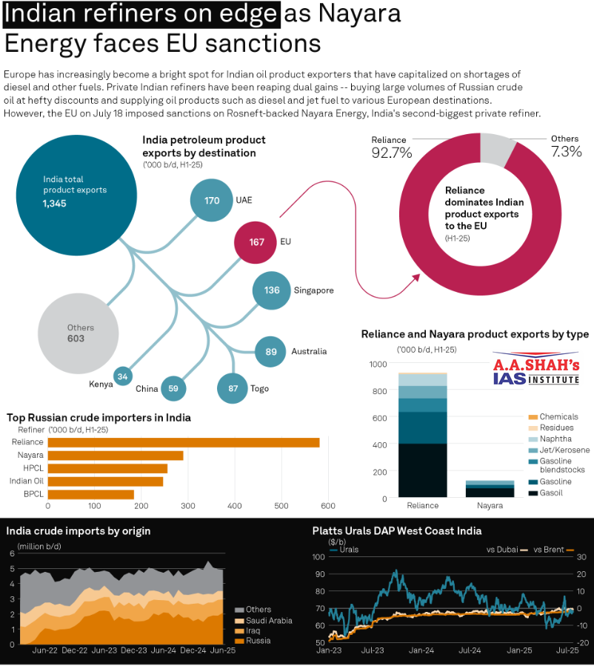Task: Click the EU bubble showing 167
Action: (256, 242)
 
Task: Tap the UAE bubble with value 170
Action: (212, 201)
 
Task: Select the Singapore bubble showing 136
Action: (272, 290)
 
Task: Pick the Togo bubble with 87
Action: (233, 388)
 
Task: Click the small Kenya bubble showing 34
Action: (123, 376)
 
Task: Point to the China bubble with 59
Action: (173, 388)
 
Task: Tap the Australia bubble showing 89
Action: (270, 352)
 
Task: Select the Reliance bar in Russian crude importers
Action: (184, 442)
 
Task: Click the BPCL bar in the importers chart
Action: (91, 494)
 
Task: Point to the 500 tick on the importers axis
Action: (281, 506)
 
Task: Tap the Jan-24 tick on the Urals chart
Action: (422, 650)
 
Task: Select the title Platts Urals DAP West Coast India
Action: (397, 530)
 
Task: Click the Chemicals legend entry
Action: (558, 417)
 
